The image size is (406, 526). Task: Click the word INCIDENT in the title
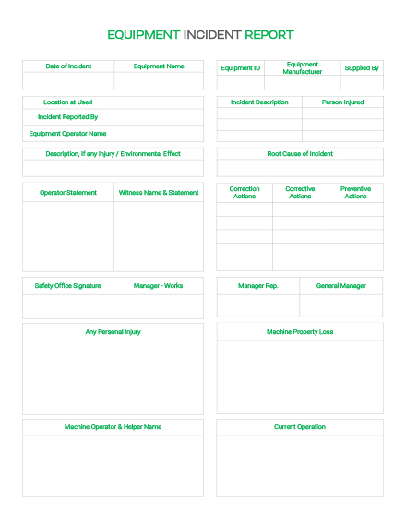click(212, 35)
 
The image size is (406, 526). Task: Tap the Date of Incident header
click(68, 66)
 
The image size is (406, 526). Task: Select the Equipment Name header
click(159, 66)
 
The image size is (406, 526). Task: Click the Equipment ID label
click(241, 68)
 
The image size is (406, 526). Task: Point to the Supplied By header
click(362, 68)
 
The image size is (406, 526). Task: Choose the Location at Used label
click(68, 102)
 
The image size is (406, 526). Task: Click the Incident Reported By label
click(68, 117)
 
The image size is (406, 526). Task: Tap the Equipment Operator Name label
click(68, 134)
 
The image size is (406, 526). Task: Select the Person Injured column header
click(342, 102)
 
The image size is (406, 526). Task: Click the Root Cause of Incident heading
click(300, 154)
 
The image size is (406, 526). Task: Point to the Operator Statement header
click(68, 193)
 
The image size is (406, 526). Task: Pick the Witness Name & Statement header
click(159, 193)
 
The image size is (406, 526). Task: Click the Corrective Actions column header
click(300, 193)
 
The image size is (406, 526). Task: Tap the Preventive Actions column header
click(355, 193)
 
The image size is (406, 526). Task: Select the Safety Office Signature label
click(68, 286)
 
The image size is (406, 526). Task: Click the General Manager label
click(341, 286)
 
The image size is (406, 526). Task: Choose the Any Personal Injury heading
click(113, 332)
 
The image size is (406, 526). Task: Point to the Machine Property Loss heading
click(300, 332)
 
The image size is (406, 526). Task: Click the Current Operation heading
click(300, 427)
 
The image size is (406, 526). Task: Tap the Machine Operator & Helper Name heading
click(113, 427)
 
